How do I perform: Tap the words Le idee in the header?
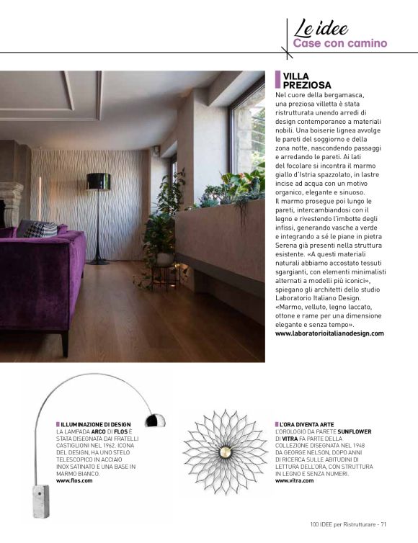coord(321,28)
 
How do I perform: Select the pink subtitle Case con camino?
coord(339,43)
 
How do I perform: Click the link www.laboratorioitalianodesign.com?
coord(329,333)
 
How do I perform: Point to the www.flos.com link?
coord(74,480)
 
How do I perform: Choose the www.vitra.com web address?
coord(294,480)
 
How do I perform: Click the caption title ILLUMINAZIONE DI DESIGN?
coord(96,424)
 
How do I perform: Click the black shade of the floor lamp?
coord(98,181)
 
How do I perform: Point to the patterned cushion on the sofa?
coord(41,230)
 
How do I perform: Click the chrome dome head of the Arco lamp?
coord(154,419)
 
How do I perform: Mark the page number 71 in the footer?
coord(384,524)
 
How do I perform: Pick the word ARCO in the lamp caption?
coord(99,431)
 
